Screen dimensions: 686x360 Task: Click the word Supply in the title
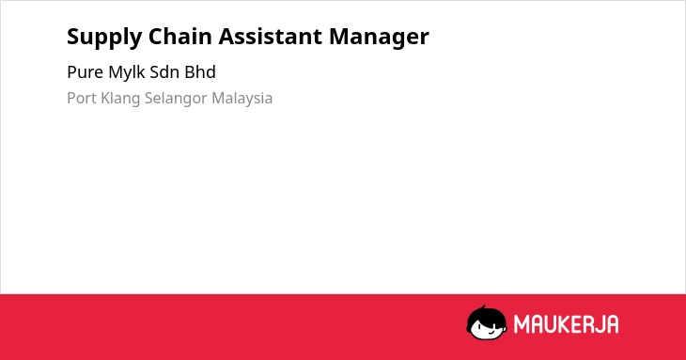tap(104, 38)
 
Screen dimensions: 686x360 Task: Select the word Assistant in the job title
tap(271, 36)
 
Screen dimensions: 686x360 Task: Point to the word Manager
tap(379, 38)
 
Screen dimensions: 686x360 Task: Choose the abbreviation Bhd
tap(200, 72)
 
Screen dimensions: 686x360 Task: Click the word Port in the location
tap(82, 98)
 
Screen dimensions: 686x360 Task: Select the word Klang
tap(120, 99)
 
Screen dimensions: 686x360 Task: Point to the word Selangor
tap(176, 99)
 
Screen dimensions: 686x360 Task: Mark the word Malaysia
tap(242, 99)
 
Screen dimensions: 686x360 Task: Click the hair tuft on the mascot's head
tap(483, 307)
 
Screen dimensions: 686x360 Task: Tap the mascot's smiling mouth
tap(491, 332)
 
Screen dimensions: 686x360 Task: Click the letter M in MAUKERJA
tap(521, 324)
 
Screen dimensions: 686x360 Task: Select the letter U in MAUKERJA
tap(552, 324)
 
